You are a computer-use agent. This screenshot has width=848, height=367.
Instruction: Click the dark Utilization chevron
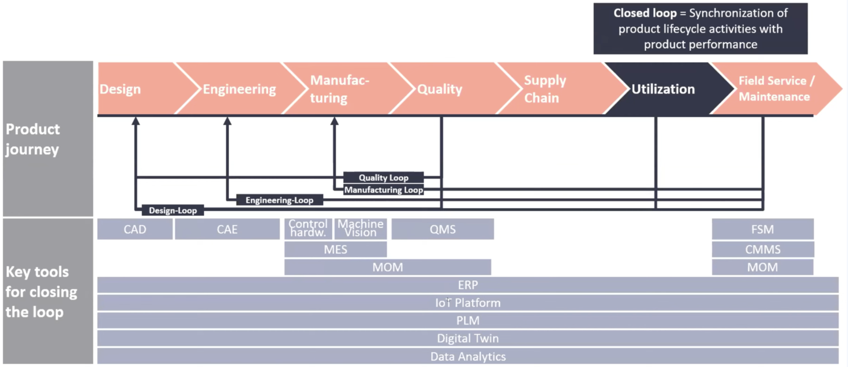click(x=663, y=89)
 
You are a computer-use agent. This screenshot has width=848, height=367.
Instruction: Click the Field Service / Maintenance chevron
click(x=775, y=89)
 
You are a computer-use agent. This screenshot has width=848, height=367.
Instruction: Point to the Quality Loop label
click(x=383, y=177)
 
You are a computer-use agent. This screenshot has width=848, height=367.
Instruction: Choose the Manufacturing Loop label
click(x=383, y=190)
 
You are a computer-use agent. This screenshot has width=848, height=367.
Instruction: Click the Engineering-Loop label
click(x=280, y=200)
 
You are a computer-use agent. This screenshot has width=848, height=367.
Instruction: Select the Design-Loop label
click(x=173, y=211)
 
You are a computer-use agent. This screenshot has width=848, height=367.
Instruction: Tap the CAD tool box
click(x=135, y=229)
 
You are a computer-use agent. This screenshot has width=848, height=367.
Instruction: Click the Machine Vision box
click(x=360, y=229)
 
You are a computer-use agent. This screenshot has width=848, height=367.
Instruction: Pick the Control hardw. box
click(x=308, y=229)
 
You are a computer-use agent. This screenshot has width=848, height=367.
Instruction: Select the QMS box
click(x=442, y=229)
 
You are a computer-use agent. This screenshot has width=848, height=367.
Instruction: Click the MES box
click(x=335, y=249)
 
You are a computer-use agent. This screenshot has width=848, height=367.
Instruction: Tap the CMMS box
click(x=763, y=249)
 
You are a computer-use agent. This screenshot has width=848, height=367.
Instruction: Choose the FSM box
click(x=763, y=229)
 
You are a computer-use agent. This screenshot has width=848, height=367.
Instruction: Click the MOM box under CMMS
click(x=763, y=267)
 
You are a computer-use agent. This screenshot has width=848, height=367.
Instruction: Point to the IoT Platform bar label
click(x=468, y=303)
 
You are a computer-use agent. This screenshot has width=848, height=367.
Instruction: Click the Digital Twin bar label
click(x=468, y=338)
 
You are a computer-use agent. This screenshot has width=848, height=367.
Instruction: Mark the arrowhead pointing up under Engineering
click(x=227, y=121)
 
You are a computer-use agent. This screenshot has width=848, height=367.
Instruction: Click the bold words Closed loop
click(x=645, y=13)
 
